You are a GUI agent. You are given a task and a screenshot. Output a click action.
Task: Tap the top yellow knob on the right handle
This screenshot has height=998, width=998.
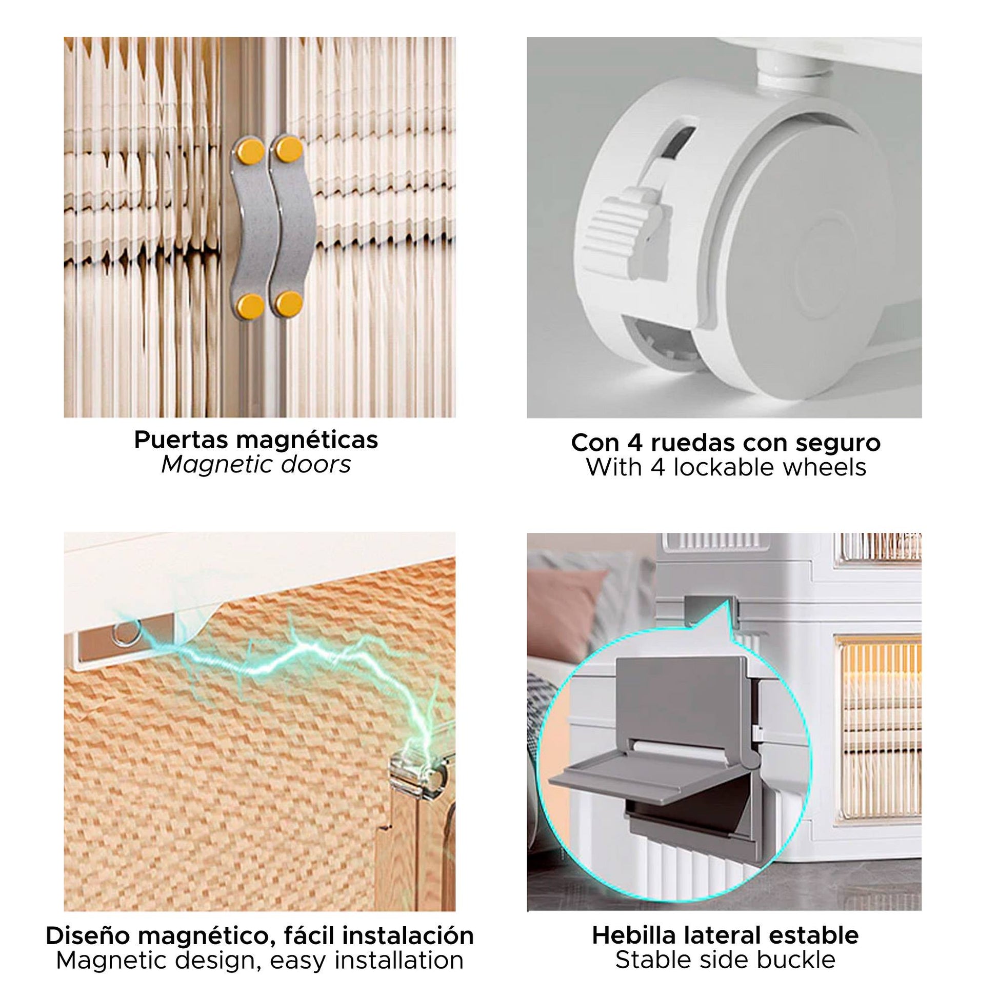click(x=289, y=149)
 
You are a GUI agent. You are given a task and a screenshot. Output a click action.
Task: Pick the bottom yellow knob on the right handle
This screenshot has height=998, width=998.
click(x=289, y=303)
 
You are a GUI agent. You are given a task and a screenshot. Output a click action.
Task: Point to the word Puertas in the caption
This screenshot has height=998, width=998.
click(x=181, y=441)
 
